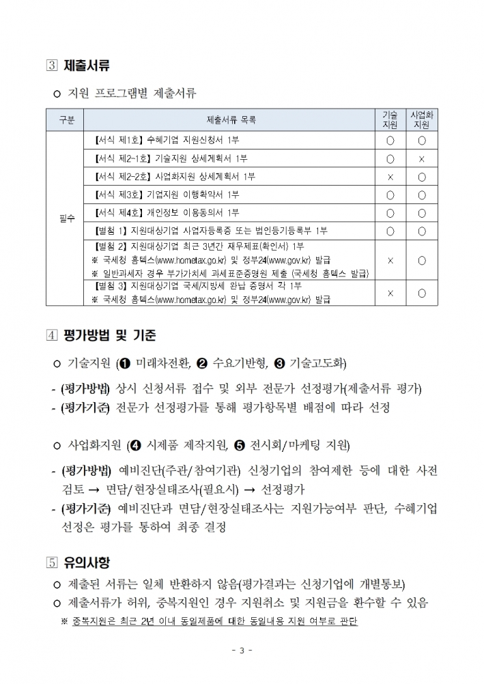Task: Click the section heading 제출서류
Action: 87,66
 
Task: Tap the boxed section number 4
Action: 53,335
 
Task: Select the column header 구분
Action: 66,120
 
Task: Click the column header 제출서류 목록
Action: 231,120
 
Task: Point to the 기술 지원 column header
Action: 390,120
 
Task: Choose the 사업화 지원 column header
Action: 422,120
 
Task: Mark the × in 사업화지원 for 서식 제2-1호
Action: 422,159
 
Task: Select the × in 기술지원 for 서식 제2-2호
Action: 390,177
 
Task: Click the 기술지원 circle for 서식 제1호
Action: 390,141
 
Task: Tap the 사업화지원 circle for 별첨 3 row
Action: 422,293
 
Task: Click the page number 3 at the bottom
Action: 242,650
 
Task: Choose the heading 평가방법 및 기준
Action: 110,335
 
